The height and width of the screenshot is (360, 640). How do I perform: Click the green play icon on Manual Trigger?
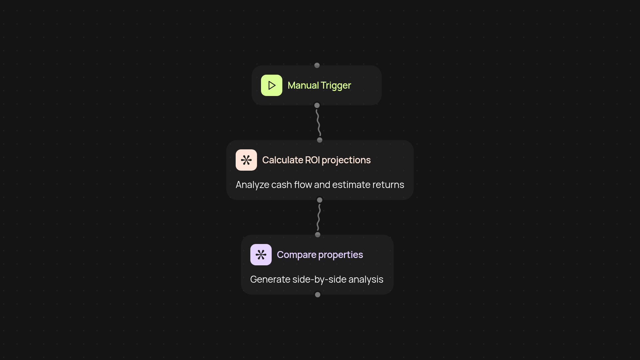pyautogui.click(x=272, y=85)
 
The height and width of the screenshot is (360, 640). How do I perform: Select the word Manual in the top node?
pyautogui.click(x=303, y=85)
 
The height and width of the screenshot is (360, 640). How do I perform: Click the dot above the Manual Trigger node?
pyautogui.click(x=317, y=65)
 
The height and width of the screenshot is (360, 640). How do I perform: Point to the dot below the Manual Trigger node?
pyautogui.click(x=317, y=105)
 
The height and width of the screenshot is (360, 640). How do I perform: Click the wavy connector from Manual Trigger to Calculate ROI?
pyautogui.click(x=318, y=123)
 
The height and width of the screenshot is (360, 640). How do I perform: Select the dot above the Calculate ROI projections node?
pyautogui.click(x=320, y=140)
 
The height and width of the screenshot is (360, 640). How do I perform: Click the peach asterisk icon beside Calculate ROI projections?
pyautogui.click(x=246, y=160)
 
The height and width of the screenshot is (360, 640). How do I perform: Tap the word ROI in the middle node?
pyautogui.click(x=312, y=160)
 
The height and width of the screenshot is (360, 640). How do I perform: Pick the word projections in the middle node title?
pyautogui.click(x=346, y=160)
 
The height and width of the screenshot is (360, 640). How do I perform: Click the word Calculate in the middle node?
pyautogui.click(x=283, y=160)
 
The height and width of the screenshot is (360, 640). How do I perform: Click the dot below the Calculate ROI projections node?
pyautogui.click(x=320, y=200)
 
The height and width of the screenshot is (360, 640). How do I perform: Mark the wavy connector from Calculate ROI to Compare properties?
pyautogui.click(x=319, y=217)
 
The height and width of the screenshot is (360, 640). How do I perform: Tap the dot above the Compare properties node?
pyautogui.click(x=318, y=235)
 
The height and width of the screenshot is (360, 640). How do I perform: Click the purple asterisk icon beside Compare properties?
pyautogui.click(x=261, y=255)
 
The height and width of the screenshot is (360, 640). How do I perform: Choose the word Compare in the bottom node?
pyautogui.click(x=297, y=255)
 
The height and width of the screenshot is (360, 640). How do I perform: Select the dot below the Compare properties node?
pyautogui.click(x=318, y=295)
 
